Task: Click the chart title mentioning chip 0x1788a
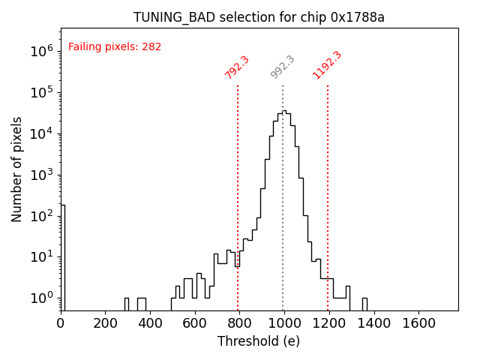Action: tap(259, 17)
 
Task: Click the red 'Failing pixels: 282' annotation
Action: tap(115, 47)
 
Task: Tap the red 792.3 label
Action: tap(237, 67)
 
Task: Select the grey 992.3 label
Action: tap(283, 67)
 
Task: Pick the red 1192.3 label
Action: tap(327, 65)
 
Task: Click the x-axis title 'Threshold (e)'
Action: tap(259, 341)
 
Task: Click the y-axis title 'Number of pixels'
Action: tap(17, 169)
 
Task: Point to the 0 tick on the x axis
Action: tap(61, 322)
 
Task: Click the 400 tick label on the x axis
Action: tap(150, 322)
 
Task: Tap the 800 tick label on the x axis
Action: tap(239, 322)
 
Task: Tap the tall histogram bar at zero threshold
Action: tap(63, 255)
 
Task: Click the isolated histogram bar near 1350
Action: tap(364, 304)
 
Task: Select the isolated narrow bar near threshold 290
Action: tap(126, 304)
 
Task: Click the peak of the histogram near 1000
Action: tap(283, 112)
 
